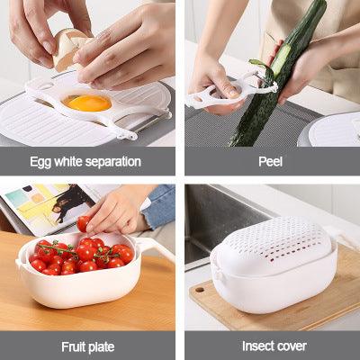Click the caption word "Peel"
[x=270, y=162]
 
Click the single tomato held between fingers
[x=83, y=224]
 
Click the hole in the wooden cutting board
[x=200, y=290]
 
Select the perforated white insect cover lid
[x=273, y=244]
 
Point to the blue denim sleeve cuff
[x=158, y=207]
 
